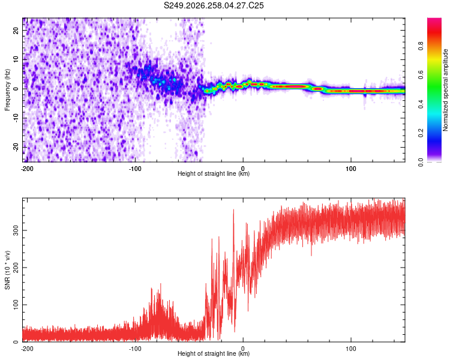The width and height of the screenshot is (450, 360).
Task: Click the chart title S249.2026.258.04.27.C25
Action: point(214,5)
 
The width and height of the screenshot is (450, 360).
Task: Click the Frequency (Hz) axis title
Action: point(7,90)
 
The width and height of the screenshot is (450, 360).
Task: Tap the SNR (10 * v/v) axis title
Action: point(7,270)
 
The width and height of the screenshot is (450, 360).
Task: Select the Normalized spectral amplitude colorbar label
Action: point(445,90)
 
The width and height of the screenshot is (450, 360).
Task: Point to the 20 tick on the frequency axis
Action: point(16,30)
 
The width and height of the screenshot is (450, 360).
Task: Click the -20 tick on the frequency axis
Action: point(16,147)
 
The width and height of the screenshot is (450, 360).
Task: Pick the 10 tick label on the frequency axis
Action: point(16,59)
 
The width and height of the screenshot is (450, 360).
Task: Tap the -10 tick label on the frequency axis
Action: point(16,118)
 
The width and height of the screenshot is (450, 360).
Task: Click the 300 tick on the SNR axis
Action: point(16,230)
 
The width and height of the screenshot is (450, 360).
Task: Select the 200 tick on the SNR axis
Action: point(16,268)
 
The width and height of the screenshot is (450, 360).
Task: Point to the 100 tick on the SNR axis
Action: point(16,305)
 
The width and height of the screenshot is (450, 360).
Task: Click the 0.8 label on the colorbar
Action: point(421,46)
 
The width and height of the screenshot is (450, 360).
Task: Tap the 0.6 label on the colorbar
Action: point(421,75)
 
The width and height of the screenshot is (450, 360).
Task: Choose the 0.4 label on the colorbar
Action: point(421,104)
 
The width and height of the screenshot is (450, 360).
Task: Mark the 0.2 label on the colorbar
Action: point(421,133)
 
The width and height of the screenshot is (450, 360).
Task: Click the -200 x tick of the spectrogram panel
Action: point(27,169)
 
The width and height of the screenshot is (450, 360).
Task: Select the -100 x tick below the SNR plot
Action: point(135,349)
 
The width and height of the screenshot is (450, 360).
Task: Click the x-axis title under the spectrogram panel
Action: point(214,173)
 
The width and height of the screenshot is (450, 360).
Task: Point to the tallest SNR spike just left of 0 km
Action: point(233,210)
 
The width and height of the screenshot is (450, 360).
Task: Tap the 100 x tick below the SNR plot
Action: point(351,349)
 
